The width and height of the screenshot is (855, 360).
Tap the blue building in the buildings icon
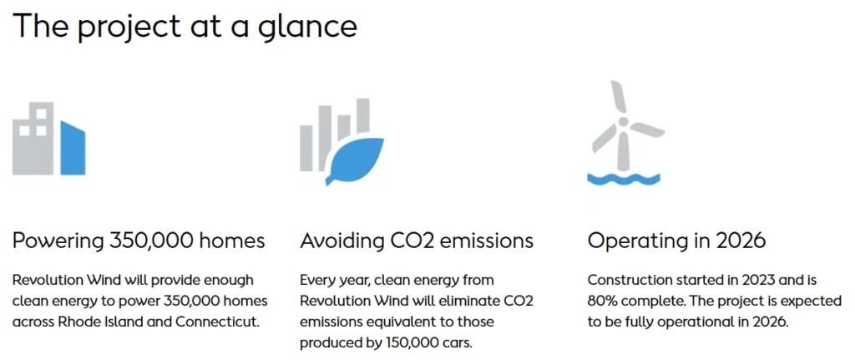click(x=73, y=149)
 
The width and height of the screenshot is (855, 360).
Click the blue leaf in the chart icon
click(x=354, y=160)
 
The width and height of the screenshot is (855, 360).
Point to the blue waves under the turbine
click(x=623, y=180)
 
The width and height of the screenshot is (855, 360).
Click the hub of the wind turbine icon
click(x=623, y=122)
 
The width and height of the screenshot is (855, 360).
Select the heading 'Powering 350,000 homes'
click(x=139, y=241)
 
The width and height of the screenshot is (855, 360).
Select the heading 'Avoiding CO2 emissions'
click(x=417, y=241)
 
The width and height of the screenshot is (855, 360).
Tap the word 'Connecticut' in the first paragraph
click(x=217, y=322)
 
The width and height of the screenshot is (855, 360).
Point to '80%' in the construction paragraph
click(x=600, y=301)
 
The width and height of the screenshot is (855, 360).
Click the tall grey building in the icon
click(x=33, y=139)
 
